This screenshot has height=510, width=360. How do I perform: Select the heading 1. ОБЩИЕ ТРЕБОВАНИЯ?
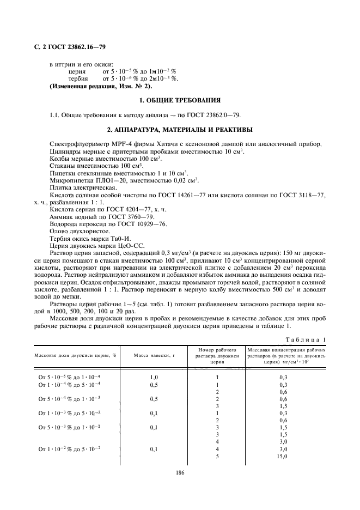[x=180, y=101]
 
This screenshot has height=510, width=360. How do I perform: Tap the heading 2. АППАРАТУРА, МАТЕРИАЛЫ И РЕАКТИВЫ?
[x=180, y=129]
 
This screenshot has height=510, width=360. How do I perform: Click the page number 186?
[x=180, y=472]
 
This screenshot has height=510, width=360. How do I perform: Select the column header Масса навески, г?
[x=153, y=355]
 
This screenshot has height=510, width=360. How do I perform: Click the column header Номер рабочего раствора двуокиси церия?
[x=217, y=354]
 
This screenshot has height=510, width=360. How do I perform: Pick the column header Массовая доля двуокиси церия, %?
[x=76, y=355]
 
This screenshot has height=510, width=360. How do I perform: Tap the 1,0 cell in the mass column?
[x=153, y=377]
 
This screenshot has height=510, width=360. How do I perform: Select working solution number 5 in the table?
[x=217, y=456]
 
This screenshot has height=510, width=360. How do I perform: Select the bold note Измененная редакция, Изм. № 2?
[x=101, y=86]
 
